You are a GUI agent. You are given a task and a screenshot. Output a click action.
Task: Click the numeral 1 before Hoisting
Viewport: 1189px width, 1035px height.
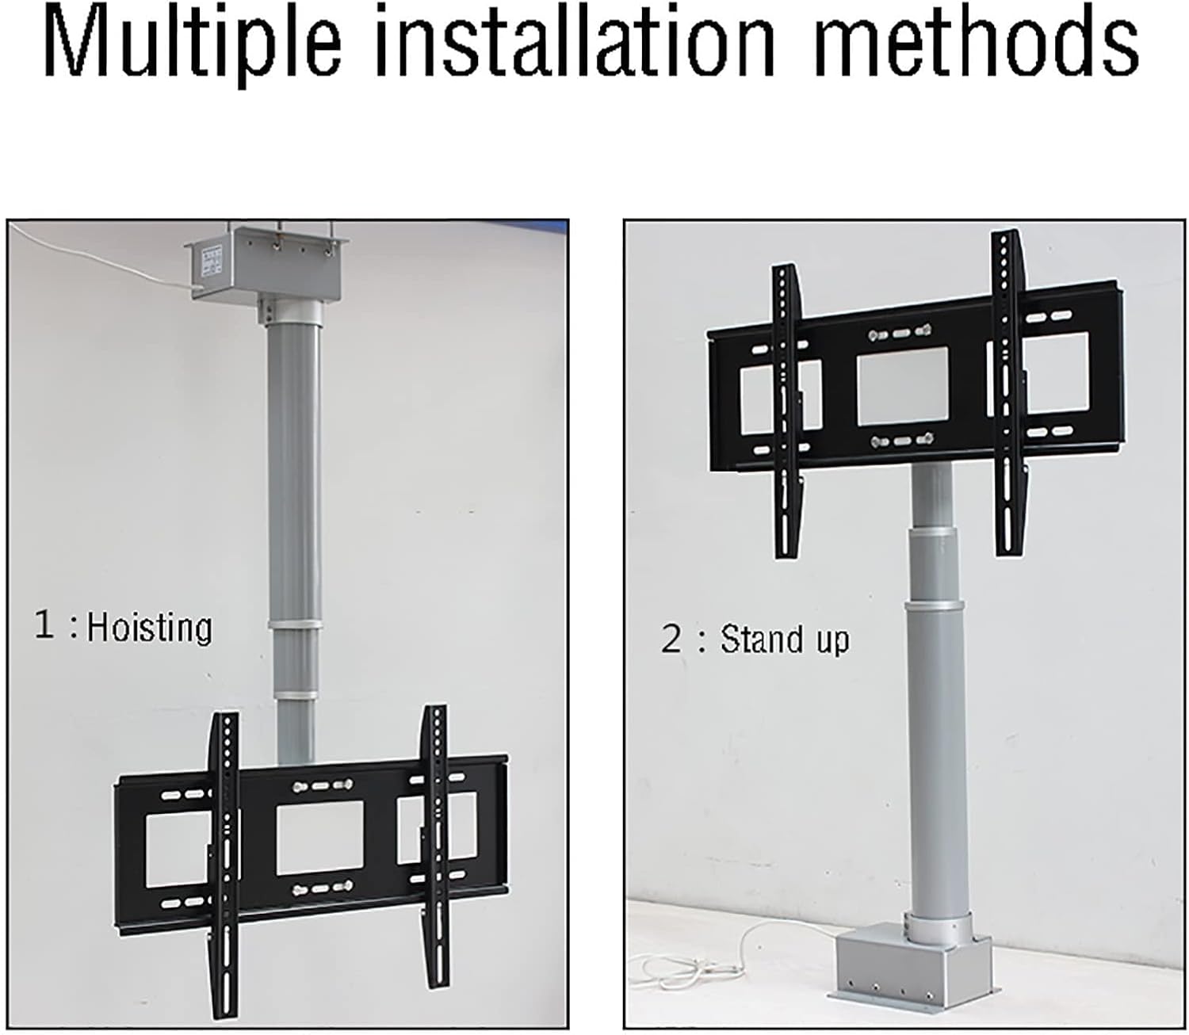point(44,625)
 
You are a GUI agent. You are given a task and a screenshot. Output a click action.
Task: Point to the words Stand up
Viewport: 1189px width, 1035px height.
point(784,639)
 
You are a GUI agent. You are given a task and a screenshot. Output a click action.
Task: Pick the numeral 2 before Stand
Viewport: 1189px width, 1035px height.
point(671,639)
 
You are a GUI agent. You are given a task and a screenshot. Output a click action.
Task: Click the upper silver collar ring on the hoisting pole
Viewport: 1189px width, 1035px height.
point(295,624)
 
